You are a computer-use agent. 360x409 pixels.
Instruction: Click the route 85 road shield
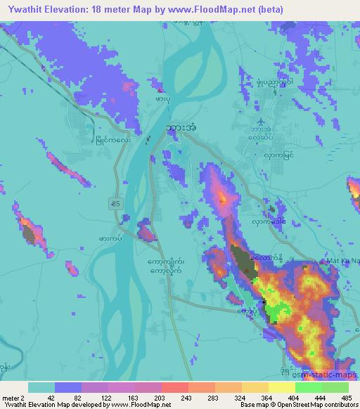pyautogui.click(x=114, y=203)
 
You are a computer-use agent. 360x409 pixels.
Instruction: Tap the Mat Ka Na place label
pyautogui.click(x=342, y=261)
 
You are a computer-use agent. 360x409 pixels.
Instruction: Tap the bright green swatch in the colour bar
pyautogui.click(x=309, y=387)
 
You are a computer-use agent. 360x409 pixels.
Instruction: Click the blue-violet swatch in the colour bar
pyautogui.click(x=68, y=387)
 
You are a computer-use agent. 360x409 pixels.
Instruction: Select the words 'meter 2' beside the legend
pyautogui.click(x=13, y=397)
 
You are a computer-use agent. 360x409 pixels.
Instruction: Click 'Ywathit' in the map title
pyautogui.click(x=22, y=7)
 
